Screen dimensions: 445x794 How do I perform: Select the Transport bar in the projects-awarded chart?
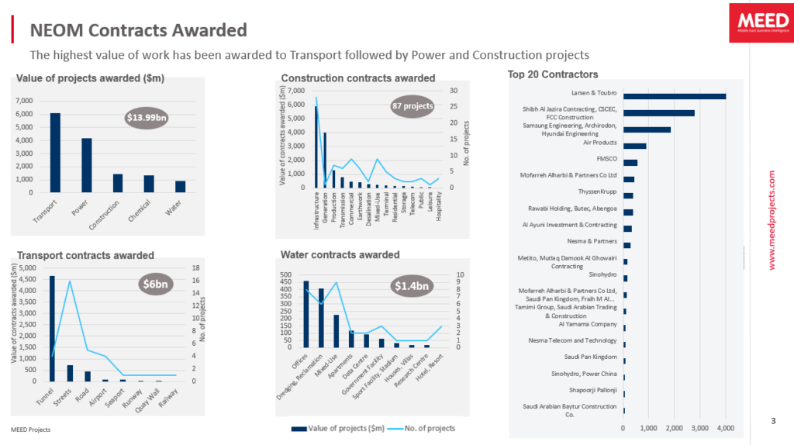pyautogui.click(x=55, y=152)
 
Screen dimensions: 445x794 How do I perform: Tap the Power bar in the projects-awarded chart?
pyautogui.click(x=87, y=164)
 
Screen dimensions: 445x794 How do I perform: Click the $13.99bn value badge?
pyautogui.click(x=147, y=117)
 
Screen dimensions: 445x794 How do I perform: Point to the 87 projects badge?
pyautogui.click(x=413, y=106)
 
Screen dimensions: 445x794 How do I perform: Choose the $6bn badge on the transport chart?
pyautogui.click(x=155, y=284)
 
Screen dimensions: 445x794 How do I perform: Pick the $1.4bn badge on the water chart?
pyautogui.click(x=412, y=286)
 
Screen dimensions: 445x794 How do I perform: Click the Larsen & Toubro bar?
pyautogui.click(x=674, y=96)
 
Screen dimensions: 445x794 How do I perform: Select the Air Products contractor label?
pyautogui.click(x=599, y=143)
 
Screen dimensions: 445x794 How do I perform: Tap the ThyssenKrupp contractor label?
pyautogui.click(x=597, y=191)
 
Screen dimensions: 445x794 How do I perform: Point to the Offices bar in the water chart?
pyautogui.click(x=306, y=313)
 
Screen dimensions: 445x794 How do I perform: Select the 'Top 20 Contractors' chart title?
pyautogui.click(x=553, y=74)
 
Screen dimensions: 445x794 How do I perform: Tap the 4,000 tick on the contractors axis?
pyautogui.click(x=725, y=428)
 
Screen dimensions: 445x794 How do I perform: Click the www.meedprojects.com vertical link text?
pyautogui.click(x=772, y=220)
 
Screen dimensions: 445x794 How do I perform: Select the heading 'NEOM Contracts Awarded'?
pyautogui.click(x=138, y=30)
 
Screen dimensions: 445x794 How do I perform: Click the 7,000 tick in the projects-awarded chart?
pyautogui.click(x=25, y=101)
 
